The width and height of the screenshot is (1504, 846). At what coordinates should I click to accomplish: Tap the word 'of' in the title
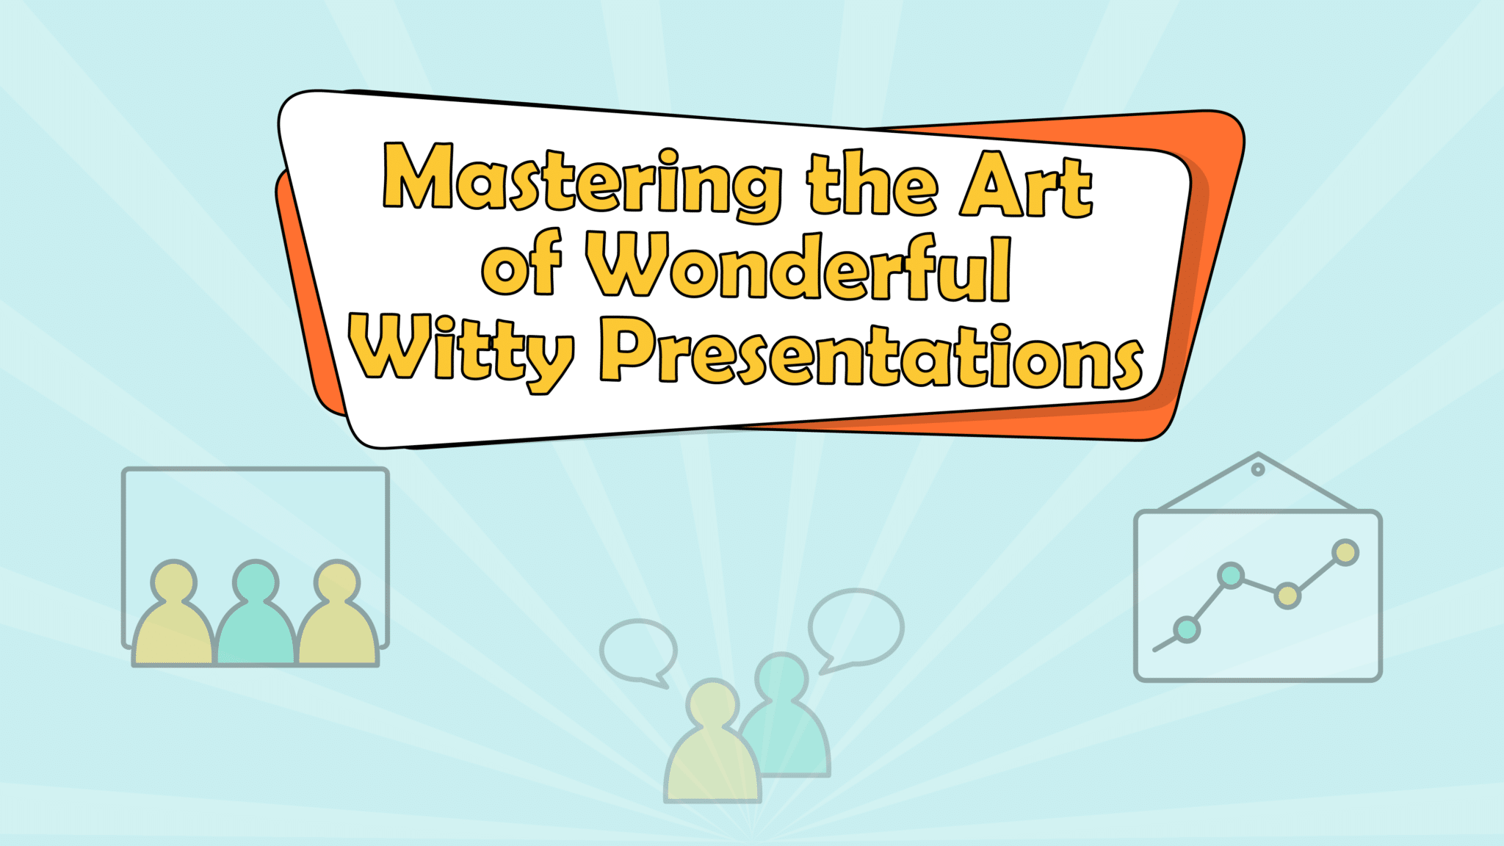(x=521, y=264)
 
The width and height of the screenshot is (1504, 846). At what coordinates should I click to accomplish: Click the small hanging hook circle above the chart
(x=1258, y=469)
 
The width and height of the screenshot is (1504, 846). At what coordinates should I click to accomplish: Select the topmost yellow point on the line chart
(x=1345, y=552)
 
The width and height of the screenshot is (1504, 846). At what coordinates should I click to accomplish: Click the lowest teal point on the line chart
(x=1187, y=629)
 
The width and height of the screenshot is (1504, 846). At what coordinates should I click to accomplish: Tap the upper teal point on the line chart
(x=1231, y=575)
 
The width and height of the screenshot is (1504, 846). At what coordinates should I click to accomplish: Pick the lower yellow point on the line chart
(x=1287, y=596)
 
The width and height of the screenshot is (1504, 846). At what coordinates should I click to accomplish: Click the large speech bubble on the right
(x=856, y=628)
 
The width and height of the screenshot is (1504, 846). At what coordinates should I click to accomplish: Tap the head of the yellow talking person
(x=712, y=703)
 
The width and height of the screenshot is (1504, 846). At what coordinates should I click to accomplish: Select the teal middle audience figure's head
(x=256, y=582)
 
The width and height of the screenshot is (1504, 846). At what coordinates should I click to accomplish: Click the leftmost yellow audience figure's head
(x=174, y=582)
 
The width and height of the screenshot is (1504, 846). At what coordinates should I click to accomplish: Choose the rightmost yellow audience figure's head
(x=337, y=582)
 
